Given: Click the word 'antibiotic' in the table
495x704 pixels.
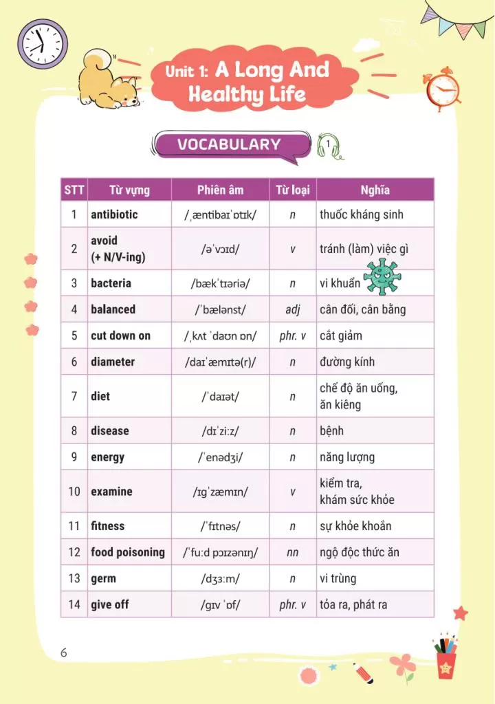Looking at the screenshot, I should click(114, 214).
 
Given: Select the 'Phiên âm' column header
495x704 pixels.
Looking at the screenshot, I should click(220, 190).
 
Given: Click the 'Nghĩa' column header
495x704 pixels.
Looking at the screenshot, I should click(375, 190).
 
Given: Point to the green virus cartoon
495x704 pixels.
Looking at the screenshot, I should click(382, 276).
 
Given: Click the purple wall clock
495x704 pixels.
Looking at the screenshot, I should click(43, 43).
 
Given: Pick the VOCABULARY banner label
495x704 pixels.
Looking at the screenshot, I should click(229, 144).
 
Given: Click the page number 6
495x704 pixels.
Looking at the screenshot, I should click(64, 652).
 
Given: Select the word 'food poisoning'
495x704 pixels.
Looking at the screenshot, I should click(128, 552).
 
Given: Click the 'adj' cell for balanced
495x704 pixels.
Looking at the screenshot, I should click(292, 309).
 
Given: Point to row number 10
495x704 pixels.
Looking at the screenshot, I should click(74, 492).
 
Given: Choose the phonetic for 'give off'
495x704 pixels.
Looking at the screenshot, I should click(220, 605).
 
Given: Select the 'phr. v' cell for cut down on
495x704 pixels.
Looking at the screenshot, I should click(292, 335).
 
